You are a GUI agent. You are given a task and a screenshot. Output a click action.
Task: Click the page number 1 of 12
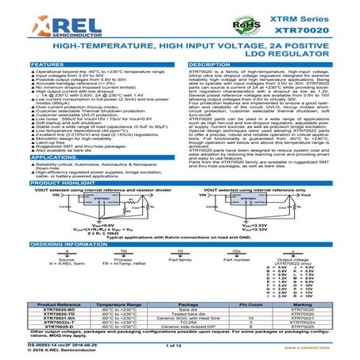174,343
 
